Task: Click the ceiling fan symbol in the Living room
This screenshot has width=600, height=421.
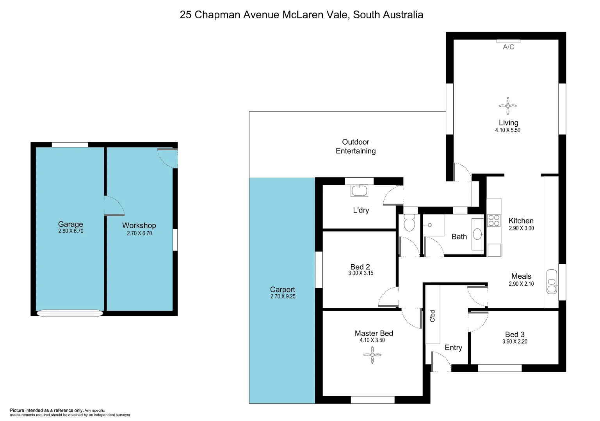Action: pyautogui.click(x=508, y=106)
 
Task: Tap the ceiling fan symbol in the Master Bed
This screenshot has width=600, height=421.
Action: pyautogui.click(x=372, y=355)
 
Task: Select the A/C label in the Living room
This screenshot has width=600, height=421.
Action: pyautogui.click(x=508, y=47)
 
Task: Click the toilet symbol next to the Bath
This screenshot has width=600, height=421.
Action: pyautogui.click(x=409, y=223)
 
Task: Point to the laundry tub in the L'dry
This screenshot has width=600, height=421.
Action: pyautogui.click(x=359, y=191)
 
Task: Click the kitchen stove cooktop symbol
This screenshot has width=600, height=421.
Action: pyautogui.click(x=494, y=221)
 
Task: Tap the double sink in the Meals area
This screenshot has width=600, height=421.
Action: pyautogui.click(x=551, y=281)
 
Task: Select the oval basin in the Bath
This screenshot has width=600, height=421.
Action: pyautogui.click(x=477, y=234)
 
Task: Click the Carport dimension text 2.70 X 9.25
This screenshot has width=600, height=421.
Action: pyautogui.click(x=283, y=297)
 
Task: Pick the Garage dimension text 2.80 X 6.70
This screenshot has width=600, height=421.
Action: pyautogui.click(x=71, y=231)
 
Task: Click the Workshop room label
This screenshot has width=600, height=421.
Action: pyautogui.click(x=139, y=225)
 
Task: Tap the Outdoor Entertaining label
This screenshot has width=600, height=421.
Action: pyautogui.click(x=356, y=147)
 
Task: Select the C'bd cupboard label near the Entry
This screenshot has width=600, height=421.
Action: pyautogui.click(x=433, y=316)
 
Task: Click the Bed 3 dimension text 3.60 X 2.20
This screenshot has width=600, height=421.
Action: pyautogui.click(x=515, y=341)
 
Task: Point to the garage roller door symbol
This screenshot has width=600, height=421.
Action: pyautogui.click(x=69, y=313)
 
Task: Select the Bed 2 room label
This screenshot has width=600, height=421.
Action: pyautogui.click(x=360, y=267)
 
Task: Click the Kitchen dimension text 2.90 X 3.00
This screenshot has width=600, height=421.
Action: pyautogui.click(x=521, y=228)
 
